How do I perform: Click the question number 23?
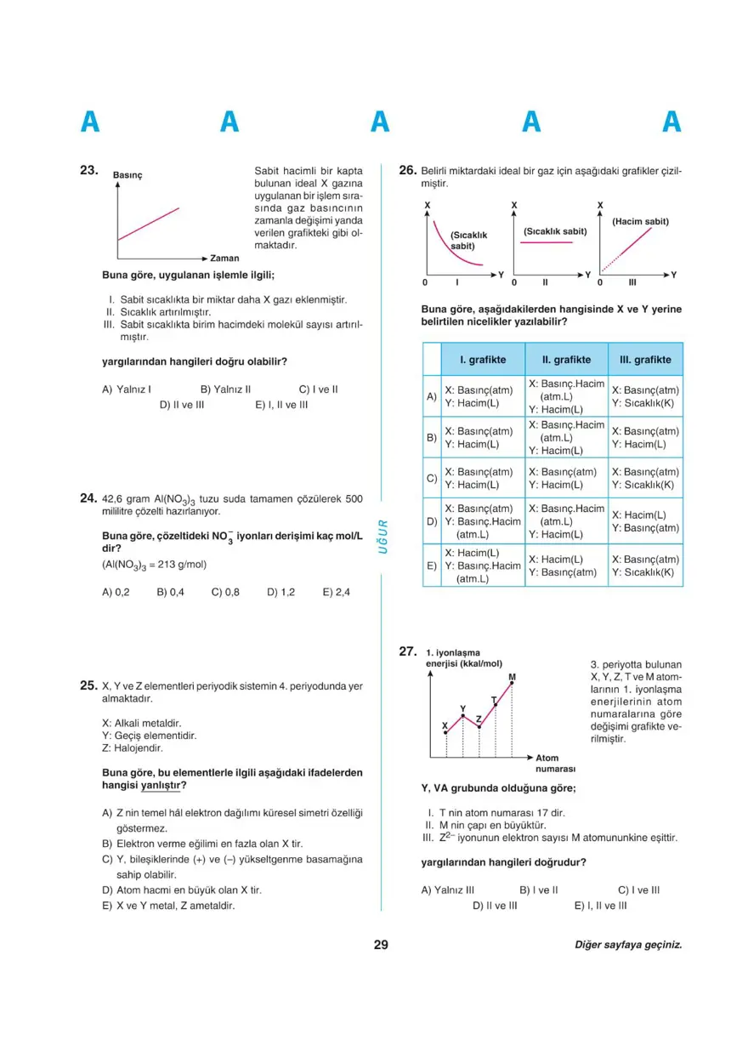pos(89,171)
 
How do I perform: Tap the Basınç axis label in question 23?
pos(127,175)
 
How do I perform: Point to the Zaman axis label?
pos(224,258)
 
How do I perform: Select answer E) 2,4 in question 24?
pos(336,593)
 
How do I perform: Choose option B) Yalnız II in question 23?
pos(225,389)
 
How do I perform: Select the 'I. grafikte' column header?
pos(482,360)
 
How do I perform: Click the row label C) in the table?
pos(431,479)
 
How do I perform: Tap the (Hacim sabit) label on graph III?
pos(640,221)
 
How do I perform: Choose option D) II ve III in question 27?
pos(494,906)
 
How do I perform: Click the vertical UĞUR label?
pos(382,537)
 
